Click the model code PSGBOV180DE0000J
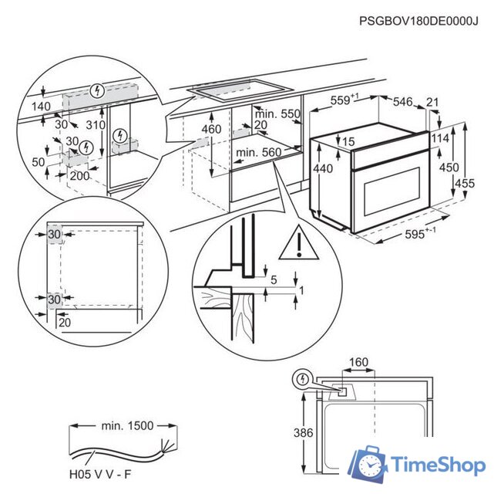(x=418, y=21)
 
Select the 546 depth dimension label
(x=402, y=102)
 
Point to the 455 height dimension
(x=464, y=184)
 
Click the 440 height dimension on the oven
(x=323, y=168)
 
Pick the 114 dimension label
(x=440, y=138)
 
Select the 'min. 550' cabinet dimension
(x=277, y=114)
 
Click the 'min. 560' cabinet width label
(x=258, y=152)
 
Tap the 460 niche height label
(x=211, y=129)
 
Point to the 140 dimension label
(x=41, y=107)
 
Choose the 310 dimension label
(x=96, y=125)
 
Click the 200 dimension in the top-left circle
(x=79, y=176)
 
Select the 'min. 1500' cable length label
(x=127, y=426)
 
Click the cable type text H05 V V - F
(x=100, y=475)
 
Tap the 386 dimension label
(x=304, y=433)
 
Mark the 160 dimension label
(x=358, y=362)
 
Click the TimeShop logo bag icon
(x=368, y=463)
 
